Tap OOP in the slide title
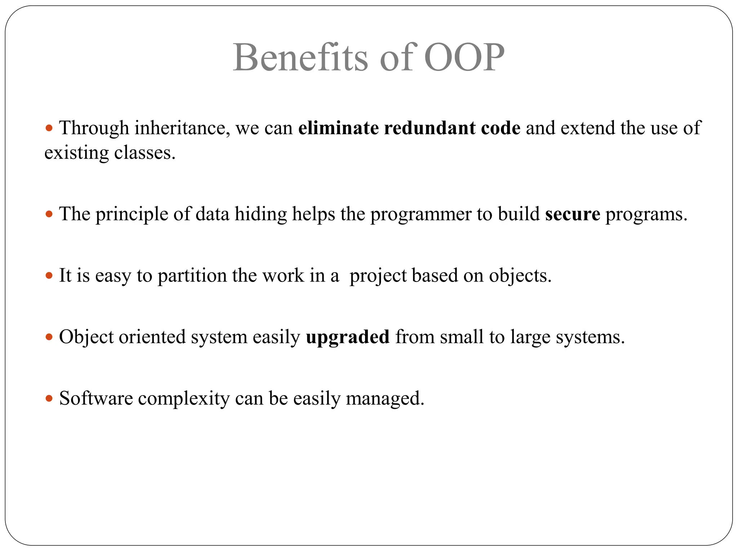coord(464,58)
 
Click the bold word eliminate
coord(338,128)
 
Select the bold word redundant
coord(430,128)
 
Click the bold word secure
coord(573,214)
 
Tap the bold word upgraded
coord(348,337)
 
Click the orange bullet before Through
coord(49,128)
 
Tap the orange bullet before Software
coord(49,399)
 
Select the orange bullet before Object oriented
coord(49,337)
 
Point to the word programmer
coord(421,215)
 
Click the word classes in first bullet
coord(145,153)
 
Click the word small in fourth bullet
coord(462,337)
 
